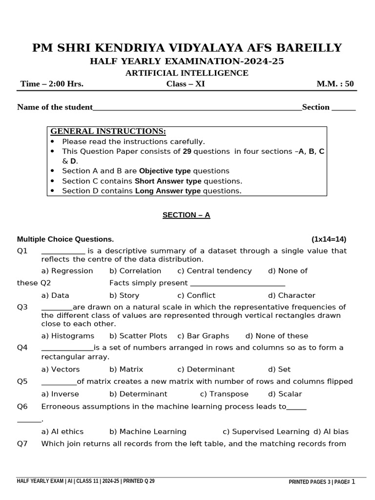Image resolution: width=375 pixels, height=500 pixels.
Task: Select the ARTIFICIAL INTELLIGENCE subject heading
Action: [187, 73]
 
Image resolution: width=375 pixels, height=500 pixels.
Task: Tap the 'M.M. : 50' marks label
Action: [335, 83]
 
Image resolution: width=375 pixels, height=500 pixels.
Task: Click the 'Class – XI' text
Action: [186, 83]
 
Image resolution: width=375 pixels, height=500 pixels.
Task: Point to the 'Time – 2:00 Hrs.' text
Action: [52, 83]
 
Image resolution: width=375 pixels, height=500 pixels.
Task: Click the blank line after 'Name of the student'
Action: [197, 108]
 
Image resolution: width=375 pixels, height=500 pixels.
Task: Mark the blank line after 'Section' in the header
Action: [344, 108]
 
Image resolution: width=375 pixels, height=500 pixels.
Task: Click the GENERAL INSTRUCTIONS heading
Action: [108, 131]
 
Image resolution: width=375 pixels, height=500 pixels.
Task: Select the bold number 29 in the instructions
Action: [187, 151]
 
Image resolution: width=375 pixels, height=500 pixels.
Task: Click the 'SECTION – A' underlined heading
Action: [186, 215]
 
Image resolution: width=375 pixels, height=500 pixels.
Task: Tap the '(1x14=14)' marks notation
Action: [329, 239]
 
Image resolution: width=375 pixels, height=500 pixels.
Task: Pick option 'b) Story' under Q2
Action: [124, 295]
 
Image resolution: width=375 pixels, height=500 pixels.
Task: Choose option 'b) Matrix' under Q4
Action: [126, 370]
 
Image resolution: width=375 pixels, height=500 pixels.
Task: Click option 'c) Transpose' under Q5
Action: [224, 394]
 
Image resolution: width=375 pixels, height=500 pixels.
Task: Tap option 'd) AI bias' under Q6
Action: [331, 432]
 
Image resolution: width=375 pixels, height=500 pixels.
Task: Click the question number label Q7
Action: [22, 444]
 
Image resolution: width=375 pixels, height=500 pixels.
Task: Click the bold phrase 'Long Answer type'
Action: [167, 191]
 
